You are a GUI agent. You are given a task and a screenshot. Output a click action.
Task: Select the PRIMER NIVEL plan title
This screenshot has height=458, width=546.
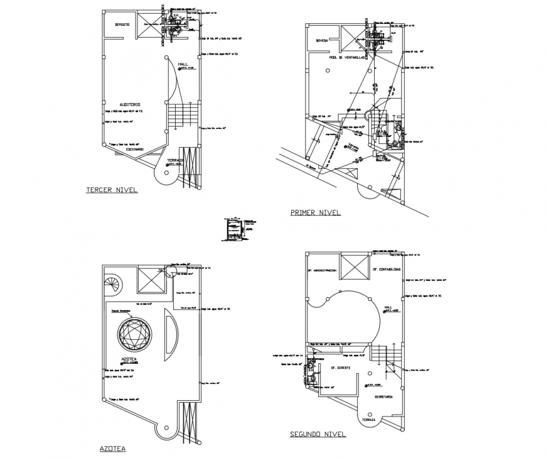tap(315, 212)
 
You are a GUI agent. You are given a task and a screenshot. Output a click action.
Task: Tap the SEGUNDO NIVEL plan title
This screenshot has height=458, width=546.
tap(318, 433)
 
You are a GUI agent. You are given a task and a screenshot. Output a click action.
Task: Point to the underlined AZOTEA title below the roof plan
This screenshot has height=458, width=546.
tap(113, 449)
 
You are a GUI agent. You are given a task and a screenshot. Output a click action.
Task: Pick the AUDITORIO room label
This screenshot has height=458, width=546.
tap(130, 104)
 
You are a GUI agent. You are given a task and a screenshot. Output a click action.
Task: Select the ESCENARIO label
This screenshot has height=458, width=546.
tap(134, 149)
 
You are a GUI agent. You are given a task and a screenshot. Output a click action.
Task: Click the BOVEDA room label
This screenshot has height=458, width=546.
tap(322, 39)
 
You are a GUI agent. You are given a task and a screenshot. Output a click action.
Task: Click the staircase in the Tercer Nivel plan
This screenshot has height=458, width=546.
tap(182, 116)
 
